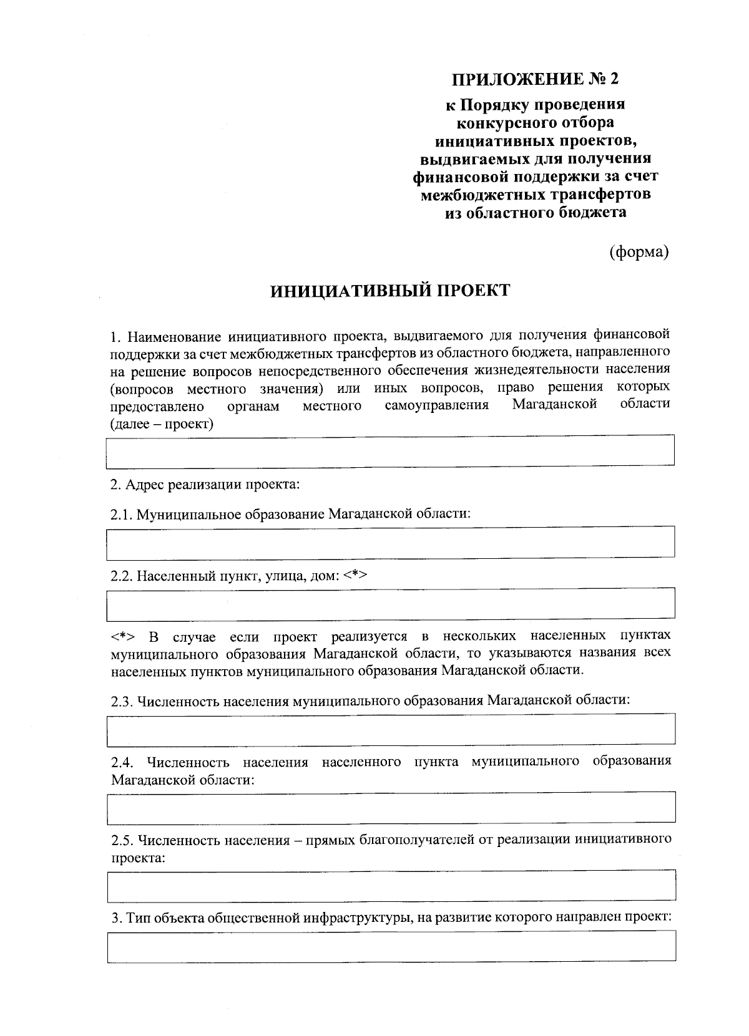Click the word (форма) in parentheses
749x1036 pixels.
(639, 251)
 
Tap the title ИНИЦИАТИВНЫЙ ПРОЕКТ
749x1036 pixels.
(390, 291)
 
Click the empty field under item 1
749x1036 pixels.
(390, 451)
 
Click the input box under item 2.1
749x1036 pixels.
(390, 542)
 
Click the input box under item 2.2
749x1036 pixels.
(390, 603)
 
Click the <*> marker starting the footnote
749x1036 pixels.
(124, 637)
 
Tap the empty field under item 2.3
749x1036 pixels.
(390, 729)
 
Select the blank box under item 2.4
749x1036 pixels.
(390, 807)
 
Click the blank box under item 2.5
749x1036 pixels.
(390, 886)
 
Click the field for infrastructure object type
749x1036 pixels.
(390, 947)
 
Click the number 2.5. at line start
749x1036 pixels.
(122, 840)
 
